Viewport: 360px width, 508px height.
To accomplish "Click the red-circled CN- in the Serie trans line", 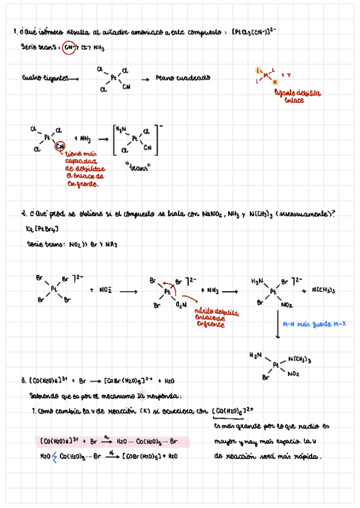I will pyautogui.click(x=68, y=46).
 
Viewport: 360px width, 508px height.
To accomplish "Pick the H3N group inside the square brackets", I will pyautogui.click(x=121, y=129).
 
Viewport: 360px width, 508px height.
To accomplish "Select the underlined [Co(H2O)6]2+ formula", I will pyautogui.click(x=239, y=411).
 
